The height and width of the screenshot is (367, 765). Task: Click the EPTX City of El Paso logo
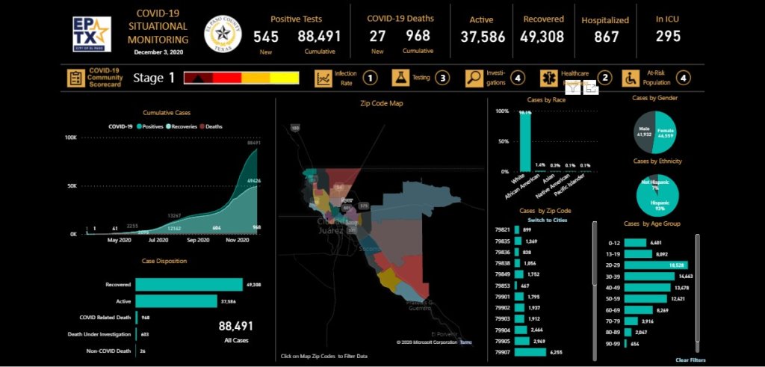pyautogui.click(x=91, y=34)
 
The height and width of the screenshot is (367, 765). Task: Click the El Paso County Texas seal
pyautogui.click(x=223, y=34)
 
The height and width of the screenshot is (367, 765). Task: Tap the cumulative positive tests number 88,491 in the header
pyautogui.click(x=319, y=36)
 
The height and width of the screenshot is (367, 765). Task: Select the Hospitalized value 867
pyautogui.click(x=605, y=36)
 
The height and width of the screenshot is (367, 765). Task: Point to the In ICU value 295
pyautogui.click(x=668, y=36)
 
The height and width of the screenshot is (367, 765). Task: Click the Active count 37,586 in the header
pyautogui.click(x=482, y=37)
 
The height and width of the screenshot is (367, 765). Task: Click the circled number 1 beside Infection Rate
pyautogui.click(x=369, y=78)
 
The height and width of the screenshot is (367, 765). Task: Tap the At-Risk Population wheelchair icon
pyautogui.click(x=631, y=78)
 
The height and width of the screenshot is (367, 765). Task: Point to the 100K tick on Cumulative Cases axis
pyautogui.click(x=71, y=138)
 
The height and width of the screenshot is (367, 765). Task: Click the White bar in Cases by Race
pyautogui.click(x=525, y=142)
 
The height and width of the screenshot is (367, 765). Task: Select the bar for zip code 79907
pyautogui.click(x=527, y=351)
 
